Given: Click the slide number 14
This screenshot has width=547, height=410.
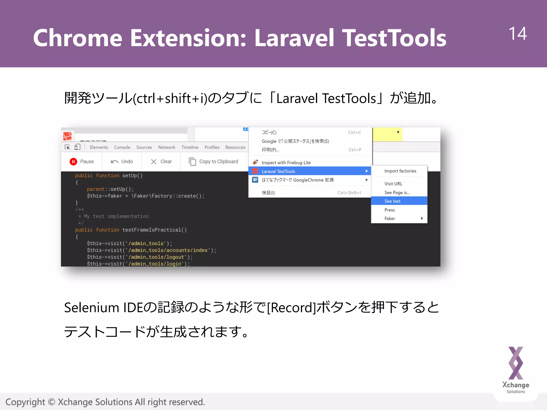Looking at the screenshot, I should tap(517, 34).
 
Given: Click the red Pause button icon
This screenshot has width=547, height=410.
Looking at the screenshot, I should tap(73, 161).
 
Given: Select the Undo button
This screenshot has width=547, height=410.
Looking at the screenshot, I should tap(122, 161).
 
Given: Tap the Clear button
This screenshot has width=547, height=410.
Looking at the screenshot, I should tap(162, 161).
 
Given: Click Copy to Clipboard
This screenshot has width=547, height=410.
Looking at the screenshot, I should tap(214, 161).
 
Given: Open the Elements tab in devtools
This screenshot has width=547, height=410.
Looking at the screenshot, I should tap(99, 147).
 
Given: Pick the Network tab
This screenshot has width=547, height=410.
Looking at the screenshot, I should tap(167, 147).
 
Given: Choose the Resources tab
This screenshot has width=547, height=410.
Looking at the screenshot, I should tap(235, 147).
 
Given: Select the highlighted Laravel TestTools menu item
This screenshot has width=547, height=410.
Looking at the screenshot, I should tap(278, 171).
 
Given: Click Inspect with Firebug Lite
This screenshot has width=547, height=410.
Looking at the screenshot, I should tap(286, 163).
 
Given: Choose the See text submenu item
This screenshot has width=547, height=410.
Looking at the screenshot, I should tap(392, 201).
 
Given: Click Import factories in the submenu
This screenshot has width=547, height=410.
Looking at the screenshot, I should tap(400, 171).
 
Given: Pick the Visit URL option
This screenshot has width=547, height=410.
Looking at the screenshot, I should tap(393, 184).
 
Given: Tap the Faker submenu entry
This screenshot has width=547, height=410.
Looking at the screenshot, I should tap(390, 218).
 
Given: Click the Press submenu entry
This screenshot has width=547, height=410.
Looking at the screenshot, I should tap(389, 210).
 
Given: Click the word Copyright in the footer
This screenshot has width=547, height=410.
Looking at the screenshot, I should tap(25, 402).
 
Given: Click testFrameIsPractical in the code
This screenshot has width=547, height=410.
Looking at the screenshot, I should tap(151, 230).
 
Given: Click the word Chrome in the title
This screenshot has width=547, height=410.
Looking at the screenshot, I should tap(77, 38).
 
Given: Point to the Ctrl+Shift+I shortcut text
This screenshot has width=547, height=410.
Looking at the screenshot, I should tap(349, 193).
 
